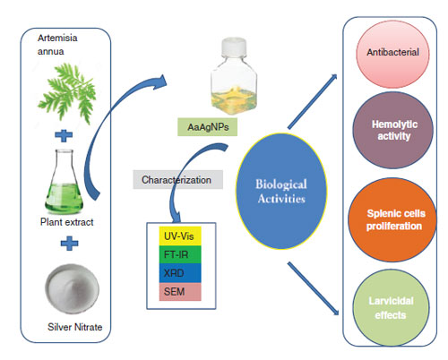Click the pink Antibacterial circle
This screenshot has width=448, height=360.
click(x=392, y=54)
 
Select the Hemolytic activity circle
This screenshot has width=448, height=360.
click(x=392, y=131)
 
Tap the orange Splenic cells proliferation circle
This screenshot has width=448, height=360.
click(x=392, y=220)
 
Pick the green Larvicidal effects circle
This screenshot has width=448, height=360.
click(x=391, y=308)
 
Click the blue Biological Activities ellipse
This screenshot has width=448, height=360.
click(x=281, y=191)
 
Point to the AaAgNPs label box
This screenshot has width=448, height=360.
click(x=208, y=127)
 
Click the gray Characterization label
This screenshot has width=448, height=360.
click(x=178, y=180)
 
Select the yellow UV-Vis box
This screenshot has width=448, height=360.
click(x=180, y=236)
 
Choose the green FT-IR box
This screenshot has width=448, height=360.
click(x=180, y=254)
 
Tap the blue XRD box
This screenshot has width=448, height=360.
click(x=180, y=273)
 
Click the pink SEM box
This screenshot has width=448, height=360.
click(x=180, y=291)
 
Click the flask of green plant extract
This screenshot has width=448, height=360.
click(x=64, y=181)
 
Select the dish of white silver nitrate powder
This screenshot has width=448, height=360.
click(x=72, y=288)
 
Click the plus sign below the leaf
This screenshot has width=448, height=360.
click(x=64, y=136)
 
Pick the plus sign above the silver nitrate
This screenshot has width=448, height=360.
click(x=69, y=244)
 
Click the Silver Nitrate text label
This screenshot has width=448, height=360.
click(x=75, y=327)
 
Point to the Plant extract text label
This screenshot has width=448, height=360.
click(x=67, y=222)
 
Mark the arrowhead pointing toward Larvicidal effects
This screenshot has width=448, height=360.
click(x=336, y=311)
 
